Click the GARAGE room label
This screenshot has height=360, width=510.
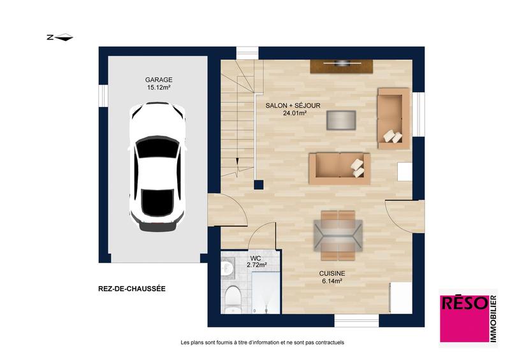pyautogui.click(x=158, y=80)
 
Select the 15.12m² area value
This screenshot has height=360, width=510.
pyautogui.click(x=158, y=88)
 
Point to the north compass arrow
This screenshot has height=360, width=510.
pyautogui.click(x=61, y=38)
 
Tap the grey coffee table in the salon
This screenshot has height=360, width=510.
pyautogui.click(x=340, y=120)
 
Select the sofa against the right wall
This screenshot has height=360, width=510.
pyautogui.click(x=393, y=118)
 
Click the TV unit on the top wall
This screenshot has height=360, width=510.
pyautogui.click(x=342, y=64)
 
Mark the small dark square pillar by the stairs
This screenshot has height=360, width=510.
pyautogui.click(x=258, y=185)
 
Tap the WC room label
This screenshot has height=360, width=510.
pyautogui.click(x=256, y=257)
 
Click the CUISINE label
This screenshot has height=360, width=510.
pyautogui.click(x=332, y=274)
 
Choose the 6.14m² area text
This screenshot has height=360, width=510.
pyautogui.click(x=332, y=282)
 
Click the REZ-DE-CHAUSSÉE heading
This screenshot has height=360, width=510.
pyautogui.click(x=132, y=289)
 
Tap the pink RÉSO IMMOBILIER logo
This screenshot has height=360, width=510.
pyautogui.click(x=467, y=316)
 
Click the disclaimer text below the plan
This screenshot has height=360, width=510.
pyautogui.click(x=262, y=342)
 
